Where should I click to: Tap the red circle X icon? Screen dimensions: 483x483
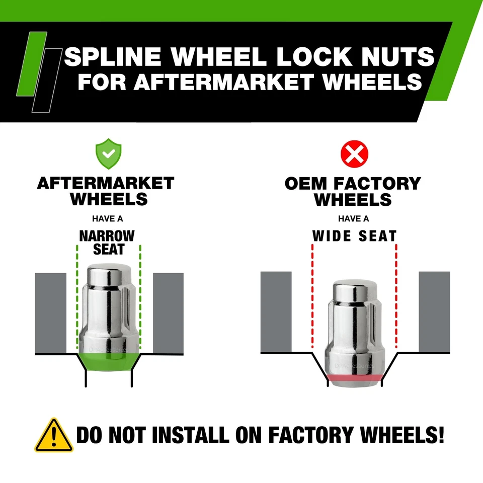[355, 154]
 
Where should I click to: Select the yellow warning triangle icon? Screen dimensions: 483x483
[53, 435]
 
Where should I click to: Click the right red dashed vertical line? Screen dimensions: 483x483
[396, 297]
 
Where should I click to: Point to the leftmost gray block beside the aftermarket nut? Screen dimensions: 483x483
[51, 312]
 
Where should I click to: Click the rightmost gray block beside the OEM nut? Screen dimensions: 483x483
[434, 312]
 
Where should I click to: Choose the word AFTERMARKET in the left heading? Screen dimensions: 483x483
[106, 183]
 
